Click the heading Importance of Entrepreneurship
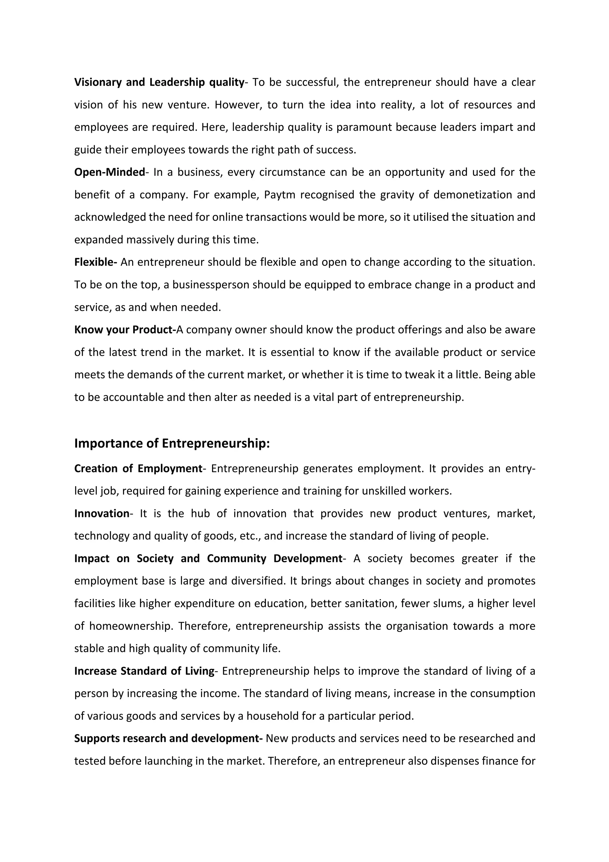pos(172,444)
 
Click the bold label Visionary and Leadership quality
pos(159,82)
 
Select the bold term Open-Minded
pos(109,172)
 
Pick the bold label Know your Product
pos(125,330)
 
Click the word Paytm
pos(277,195)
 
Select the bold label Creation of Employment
pos(138,469)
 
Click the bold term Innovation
pos(102,513)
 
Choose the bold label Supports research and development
pos(168,738)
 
